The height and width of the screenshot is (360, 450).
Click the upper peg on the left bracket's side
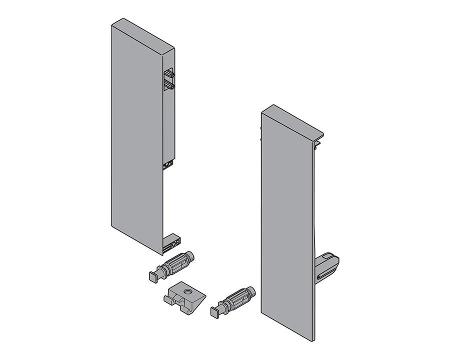pos(169,74)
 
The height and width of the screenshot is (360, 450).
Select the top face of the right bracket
pos(292,120)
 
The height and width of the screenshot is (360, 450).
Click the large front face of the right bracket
pos(287,225)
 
